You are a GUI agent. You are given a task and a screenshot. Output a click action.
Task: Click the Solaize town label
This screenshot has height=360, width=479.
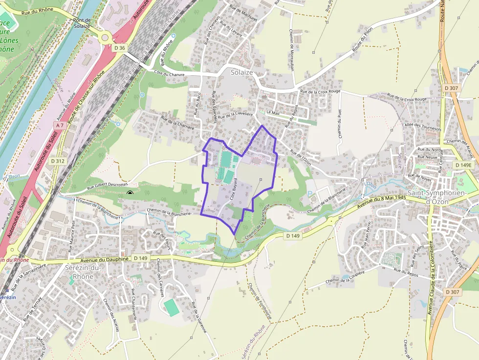242,72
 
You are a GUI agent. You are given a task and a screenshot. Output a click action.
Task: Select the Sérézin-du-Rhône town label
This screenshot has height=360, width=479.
82,272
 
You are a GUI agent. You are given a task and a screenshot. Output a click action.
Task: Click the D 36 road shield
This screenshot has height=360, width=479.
119,48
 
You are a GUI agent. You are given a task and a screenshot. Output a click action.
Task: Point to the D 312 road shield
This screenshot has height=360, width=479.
58,161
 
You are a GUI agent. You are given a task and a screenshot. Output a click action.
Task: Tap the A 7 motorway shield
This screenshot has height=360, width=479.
60,126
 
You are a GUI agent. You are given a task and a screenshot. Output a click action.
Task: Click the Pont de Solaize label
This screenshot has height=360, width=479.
82,23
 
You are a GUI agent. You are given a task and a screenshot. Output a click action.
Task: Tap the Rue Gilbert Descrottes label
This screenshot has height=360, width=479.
107,185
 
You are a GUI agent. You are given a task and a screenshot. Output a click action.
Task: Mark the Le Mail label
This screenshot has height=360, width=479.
272,112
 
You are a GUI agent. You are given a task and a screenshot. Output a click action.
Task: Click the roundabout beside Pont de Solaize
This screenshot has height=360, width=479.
104,38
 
